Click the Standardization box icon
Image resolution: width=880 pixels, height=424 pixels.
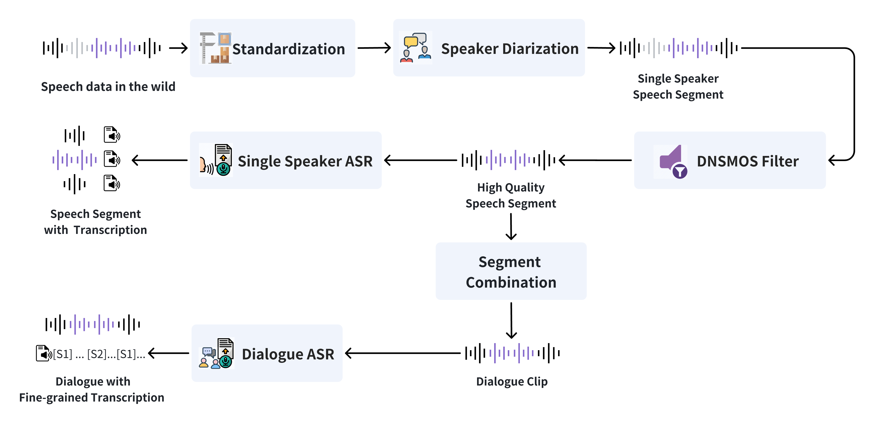215,48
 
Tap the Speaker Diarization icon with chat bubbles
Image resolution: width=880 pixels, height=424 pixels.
415,48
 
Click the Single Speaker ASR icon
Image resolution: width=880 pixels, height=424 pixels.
216,160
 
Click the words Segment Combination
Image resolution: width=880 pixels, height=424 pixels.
511,272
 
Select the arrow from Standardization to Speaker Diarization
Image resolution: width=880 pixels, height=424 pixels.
374,48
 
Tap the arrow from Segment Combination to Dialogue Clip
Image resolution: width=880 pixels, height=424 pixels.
511,320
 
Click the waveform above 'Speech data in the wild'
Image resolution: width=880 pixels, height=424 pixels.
102,48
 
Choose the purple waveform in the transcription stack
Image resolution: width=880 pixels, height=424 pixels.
75,160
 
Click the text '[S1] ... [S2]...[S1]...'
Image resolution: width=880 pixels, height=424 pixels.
99,354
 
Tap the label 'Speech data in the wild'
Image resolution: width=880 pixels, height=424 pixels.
108,87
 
